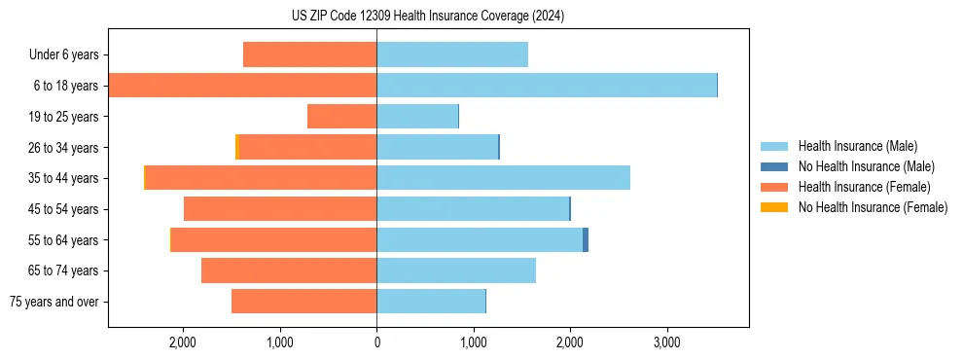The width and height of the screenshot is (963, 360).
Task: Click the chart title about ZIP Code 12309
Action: (427, 17)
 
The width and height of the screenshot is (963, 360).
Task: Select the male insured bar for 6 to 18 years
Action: (547, 86)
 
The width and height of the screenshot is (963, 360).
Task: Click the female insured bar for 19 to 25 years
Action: (341, 117)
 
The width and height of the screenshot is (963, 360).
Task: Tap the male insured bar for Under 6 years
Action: (452, 54)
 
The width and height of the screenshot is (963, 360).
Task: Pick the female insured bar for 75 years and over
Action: (303, 302)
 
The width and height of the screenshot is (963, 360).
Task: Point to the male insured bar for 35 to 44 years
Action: (503, 178)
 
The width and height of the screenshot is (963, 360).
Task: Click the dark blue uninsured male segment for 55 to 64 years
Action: (586, 239)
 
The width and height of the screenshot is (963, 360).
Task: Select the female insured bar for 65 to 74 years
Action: (289, 270)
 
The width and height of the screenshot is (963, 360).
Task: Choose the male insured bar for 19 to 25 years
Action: (417, 117)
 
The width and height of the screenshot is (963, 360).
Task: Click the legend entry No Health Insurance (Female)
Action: (872, 207)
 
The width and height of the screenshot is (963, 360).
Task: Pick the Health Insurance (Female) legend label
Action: (864, 187)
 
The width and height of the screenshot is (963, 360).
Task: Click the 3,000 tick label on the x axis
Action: (666, 342)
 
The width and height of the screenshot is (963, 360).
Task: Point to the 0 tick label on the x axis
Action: (376, 342)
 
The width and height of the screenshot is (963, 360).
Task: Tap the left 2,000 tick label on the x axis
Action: (184, 342)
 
